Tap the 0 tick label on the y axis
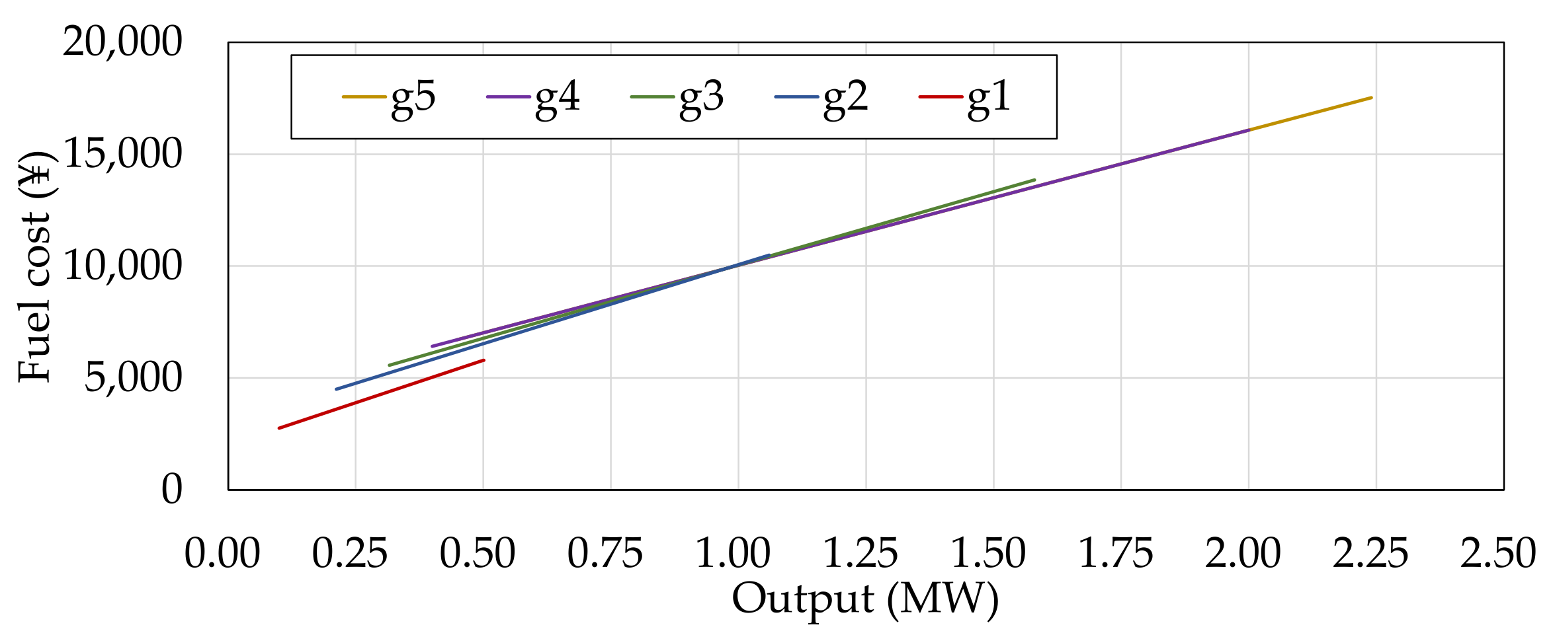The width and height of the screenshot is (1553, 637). pyautogui.click(x=171, y=489)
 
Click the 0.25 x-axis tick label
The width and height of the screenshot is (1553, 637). pyautogui.click(x=350, y=554)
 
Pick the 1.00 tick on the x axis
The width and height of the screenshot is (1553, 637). pyautogui.click(x=733, y=554)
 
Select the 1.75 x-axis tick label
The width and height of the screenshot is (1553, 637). pyautogui.click(x=1116, y=554)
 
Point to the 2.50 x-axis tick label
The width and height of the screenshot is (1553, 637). pyautogui.click(x=1498, y=554)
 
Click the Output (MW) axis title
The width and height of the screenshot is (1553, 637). pyautogui.click(x=865, y=599)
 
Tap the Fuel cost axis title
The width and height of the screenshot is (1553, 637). pyautogui.click(x=34, y=266)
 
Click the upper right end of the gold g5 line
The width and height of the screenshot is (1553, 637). pyautogui.click(x=1371, y=98)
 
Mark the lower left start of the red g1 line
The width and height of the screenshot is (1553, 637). pyautogui.click(x=279, y=428)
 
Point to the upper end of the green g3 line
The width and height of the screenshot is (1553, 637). pyautogui.click(x=1034, y=180)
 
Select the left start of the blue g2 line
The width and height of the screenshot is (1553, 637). pyautogui.click(x=336, y=389)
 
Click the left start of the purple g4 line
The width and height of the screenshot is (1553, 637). pyautogui.click(x=432, y=346)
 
